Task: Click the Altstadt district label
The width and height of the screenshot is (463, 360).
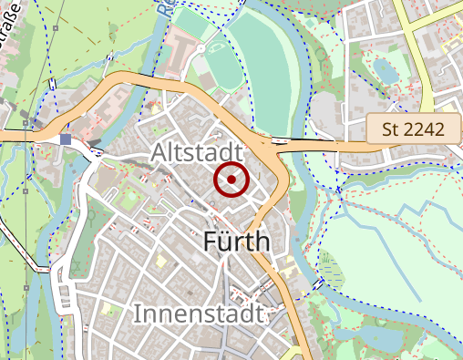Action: point(197,151)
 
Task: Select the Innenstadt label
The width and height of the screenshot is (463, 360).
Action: point(199,314)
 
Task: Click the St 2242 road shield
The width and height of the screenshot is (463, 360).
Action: point(414,129)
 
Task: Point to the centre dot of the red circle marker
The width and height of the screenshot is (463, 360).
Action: point(231,180)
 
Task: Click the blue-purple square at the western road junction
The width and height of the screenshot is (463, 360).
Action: point(65,139)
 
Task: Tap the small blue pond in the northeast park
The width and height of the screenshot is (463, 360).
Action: point(384,69)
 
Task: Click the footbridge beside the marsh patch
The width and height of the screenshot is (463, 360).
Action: point(316,285)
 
